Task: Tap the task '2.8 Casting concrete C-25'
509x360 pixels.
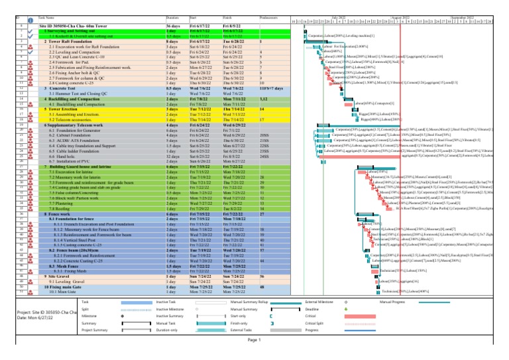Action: click(x=77, y=82)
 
